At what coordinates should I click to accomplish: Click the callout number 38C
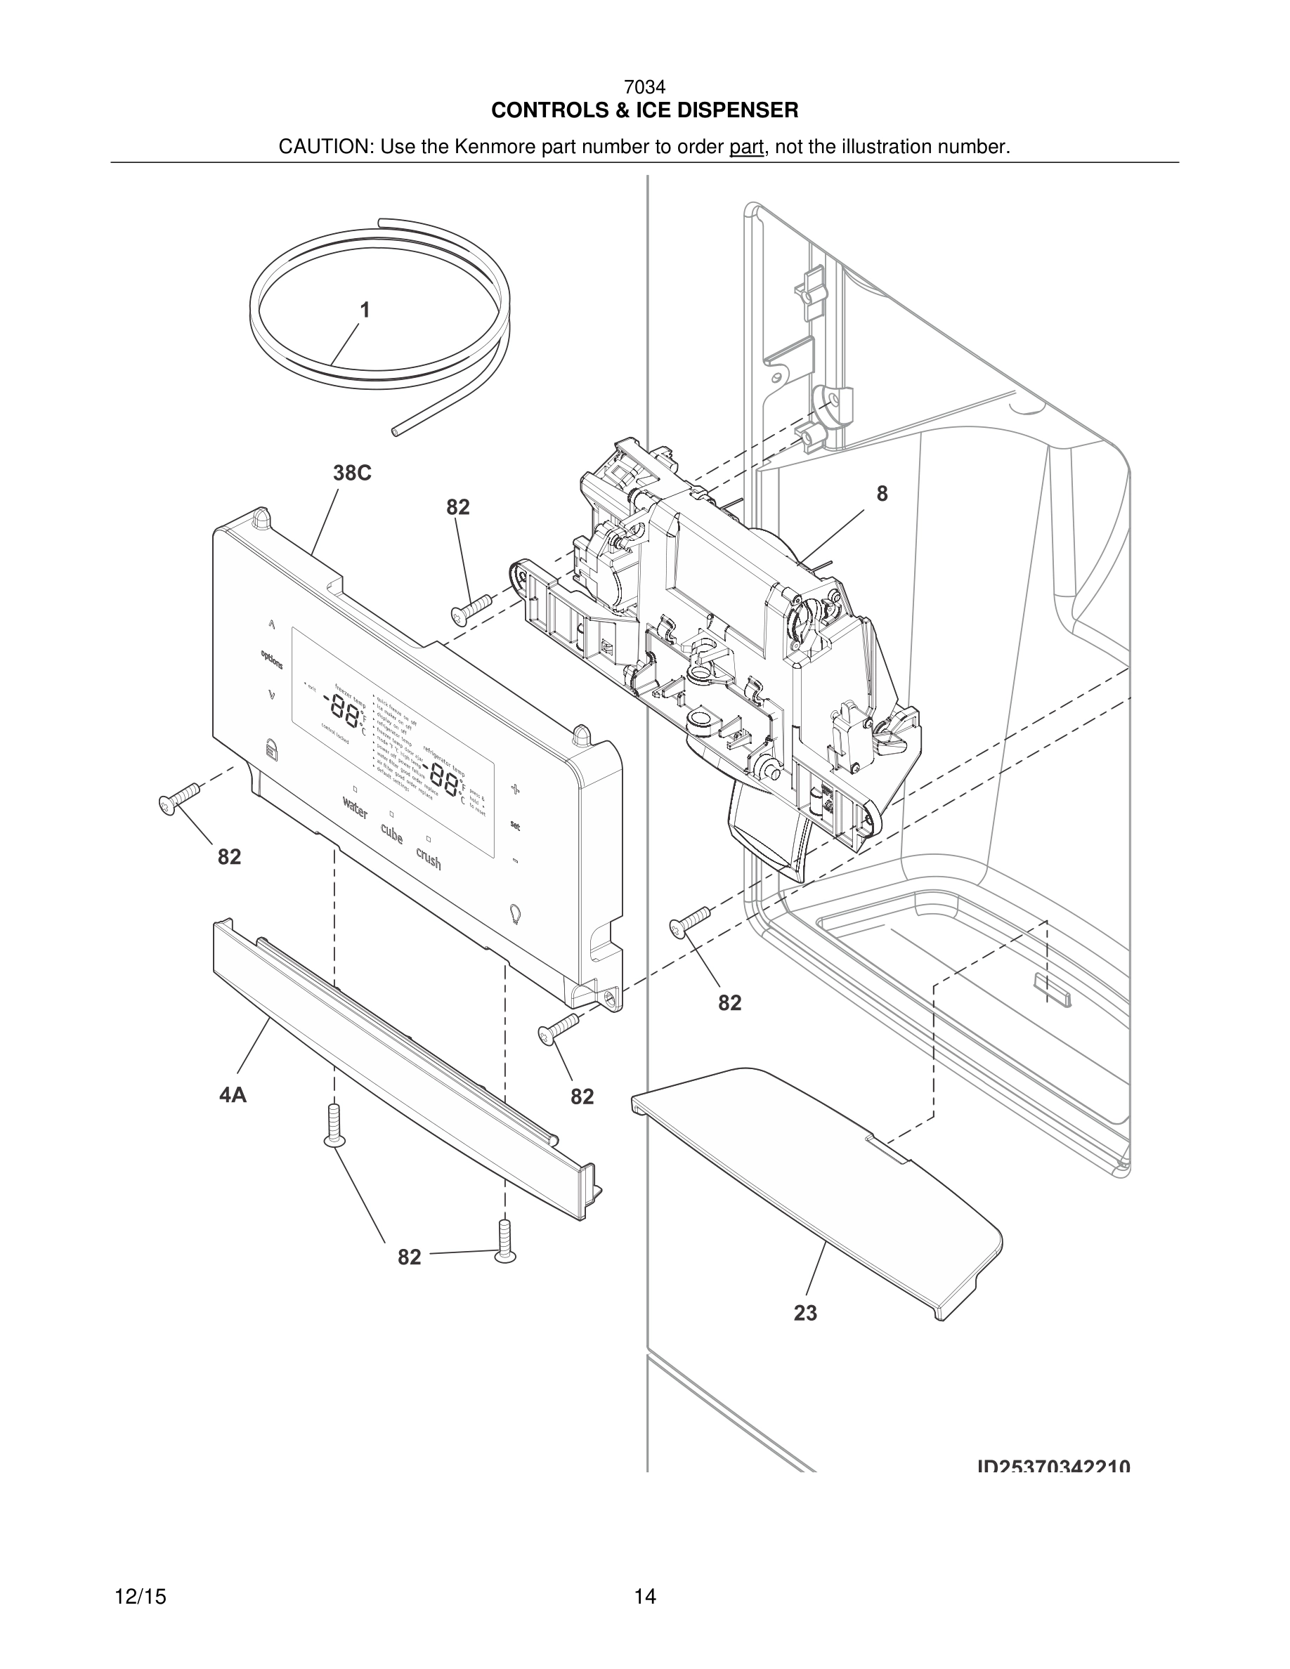click(351, 473)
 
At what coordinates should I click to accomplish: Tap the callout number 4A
click(233, 1095)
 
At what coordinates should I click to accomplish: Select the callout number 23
click(804, 1313)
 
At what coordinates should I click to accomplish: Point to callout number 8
click(882, 495)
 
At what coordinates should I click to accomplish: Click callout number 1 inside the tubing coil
click(365, 310)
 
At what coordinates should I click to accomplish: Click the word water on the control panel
click(356, 807)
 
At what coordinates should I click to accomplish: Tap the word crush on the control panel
click(429, 858)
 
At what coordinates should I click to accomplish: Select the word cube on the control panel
click(392, 833)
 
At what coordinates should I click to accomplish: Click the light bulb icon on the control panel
click(515, 913)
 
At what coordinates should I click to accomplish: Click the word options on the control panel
click(271, 659)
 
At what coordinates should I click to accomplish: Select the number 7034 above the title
click(644, 88)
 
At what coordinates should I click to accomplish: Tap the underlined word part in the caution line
click(746, 147)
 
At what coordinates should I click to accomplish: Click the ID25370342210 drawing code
click(1053, 1467)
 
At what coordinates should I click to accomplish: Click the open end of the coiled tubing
click(394, 432)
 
